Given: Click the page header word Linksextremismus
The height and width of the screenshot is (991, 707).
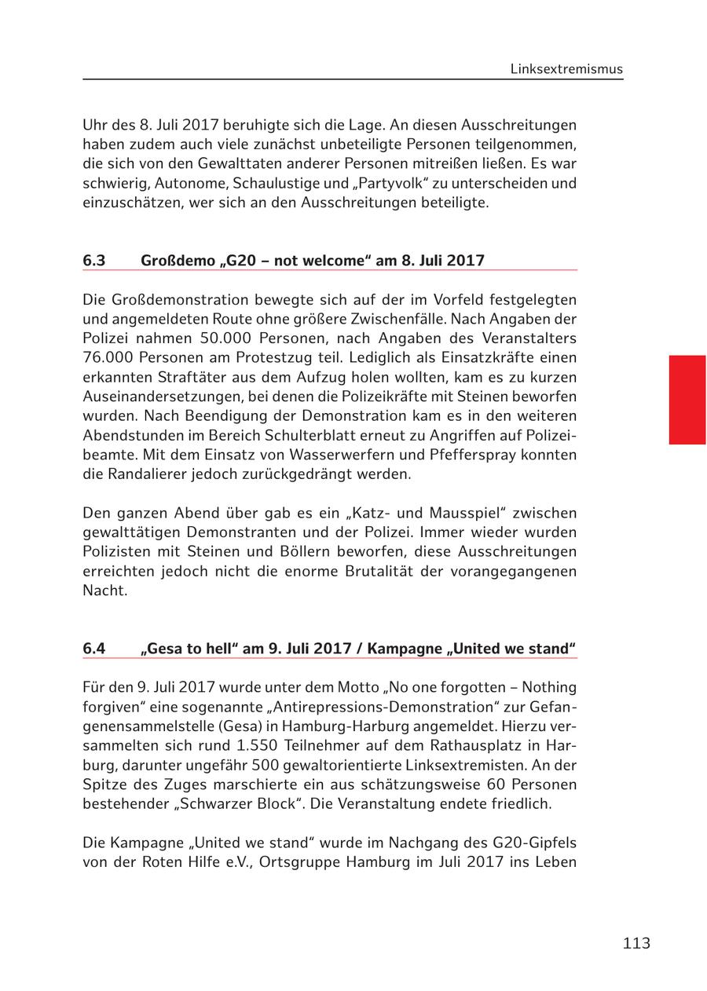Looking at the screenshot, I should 566,69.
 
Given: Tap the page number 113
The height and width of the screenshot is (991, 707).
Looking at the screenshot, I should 636,943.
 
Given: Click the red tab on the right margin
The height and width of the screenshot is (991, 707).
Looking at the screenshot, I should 687,400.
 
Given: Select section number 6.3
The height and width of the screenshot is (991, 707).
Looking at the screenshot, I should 94,261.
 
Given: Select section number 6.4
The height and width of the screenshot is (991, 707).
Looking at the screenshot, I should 94,649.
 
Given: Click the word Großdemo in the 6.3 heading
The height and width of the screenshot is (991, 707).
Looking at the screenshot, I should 176,261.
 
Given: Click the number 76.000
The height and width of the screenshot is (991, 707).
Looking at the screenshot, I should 108,357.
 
